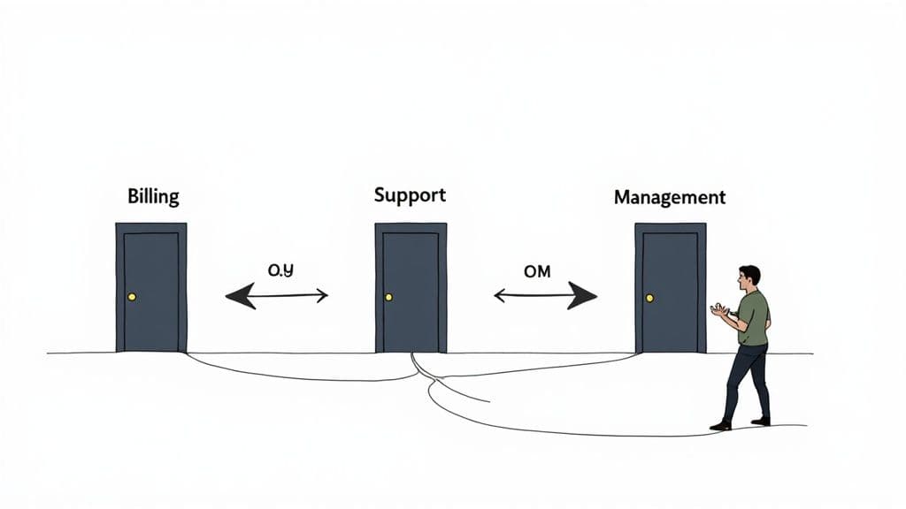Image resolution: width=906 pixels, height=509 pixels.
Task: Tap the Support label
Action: (410, 194)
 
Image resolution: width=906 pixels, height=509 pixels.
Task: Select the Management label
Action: (670, 197)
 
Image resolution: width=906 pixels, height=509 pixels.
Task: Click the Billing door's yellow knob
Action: (132, 297)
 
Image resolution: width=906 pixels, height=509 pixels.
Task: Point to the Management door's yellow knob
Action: (650, 298)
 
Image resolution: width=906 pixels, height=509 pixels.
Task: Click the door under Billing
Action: (151, 287)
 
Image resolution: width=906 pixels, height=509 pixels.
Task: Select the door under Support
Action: (411, 287)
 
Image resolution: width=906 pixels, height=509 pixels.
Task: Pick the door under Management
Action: (671, 287)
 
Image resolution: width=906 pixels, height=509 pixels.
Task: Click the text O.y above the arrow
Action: (280, 271)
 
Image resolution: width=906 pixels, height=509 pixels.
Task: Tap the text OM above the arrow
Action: (537, 271)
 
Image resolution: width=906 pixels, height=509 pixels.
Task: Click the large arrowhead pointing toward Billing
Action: (239, 296)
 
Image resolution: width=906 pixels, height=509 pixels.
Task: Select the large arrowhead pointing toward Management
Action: (582, 296)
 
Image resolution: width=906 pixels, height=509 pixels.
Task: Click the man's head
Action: (749, 277)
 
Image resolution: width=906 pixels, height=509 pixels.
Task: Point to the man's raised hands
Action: (720, 310)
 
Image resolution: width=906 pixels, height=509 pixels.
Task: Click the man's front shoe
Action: (720, 425)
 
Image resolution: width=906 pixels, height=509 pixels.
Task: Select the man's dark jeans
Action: (746, 380)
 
